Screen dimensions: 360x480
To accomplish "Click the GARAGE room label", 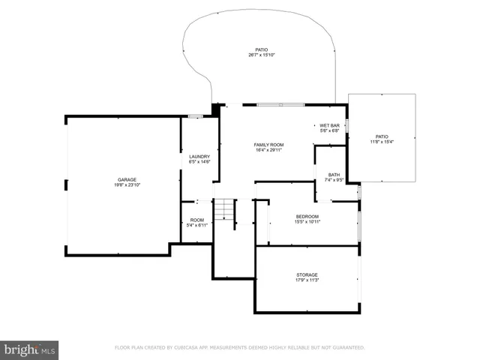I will (127, 179).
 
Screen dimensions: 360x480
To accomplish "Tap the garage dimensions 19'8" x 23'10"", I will (127, 184).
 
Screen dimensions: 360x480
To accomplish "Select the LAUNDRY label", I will (199, 156).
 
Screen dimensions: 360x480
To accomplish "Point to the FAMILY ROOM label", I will (268, 144).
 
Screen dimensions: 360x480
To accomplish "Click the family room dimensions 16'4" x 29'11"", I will (268, 149).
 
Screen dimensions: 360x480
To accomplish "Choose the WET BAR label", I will (330, 125).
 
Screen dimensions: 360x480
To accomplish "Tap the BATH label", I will (334, 175).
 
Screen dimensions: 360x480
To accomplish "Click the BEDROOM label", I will (307, 216).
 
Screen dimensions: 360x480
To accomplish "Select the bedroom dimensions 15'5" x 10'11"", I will (307, 221).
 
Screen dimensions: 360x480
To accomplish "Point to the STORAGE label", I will (307, 275).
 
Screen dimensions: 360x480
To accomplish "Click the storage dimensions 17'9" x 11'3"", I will (307, 280).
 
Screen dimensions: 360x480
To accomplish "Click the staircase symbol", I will (224, 211).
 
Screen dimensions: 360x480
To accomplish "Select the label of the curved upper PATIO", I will (261, 49).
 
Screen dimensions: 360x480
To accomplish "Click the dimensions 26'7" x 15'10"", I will (261, 55).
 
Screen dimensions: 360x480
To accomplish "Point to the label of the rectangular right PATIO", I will (382, 136).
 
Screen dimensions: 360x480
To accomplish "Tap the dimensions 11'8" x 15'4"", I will (382, 142).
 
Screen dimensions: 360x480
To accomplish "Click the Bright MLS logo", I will (30, 349).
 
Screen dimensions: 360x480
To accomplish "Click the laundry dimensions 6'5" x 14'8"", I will (199, 161).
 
